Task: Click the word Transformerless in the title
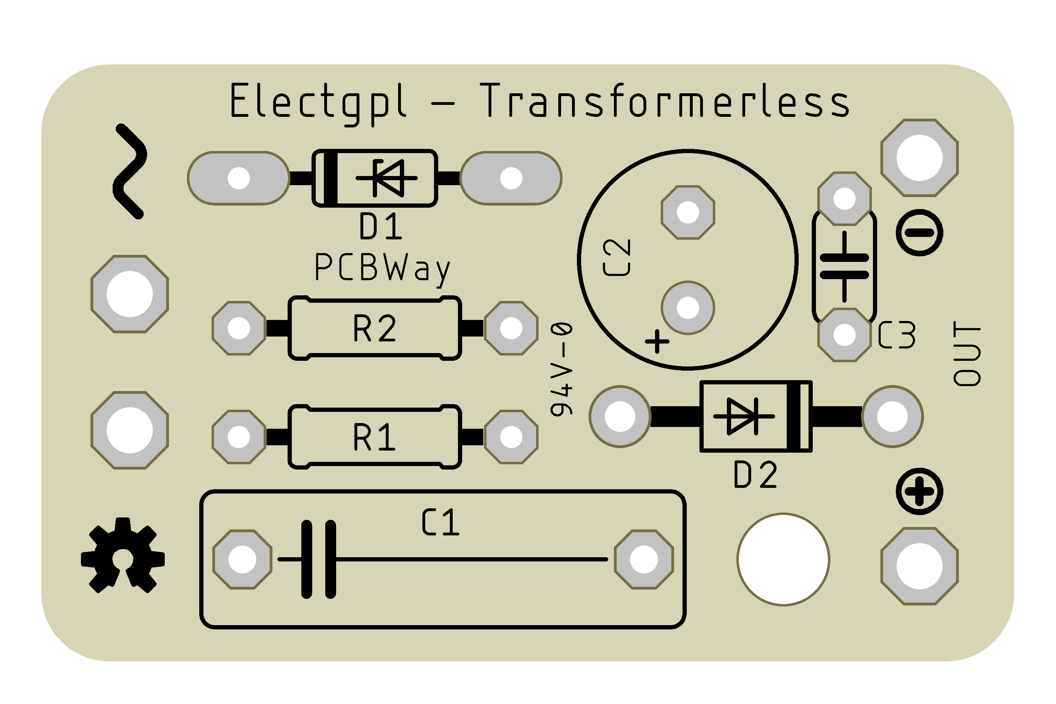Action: click(665, 101)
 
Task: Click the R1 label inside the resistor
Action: click(375, 437)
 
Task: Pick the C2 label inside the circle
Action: click(617, 257)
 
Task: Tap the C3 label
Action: click(897, 335)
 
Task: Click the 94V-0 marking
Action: click(562, 369)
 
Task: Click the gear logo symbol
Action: click(122, 556)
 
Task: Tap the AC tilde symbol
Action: click(129, 171)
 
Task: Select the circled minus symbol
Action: click(919, 233)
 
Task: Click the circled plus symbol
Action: click(919, 491)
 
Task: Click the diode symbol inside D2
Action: click(743, 416)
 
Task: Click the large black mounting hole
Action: click(783, 559)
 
